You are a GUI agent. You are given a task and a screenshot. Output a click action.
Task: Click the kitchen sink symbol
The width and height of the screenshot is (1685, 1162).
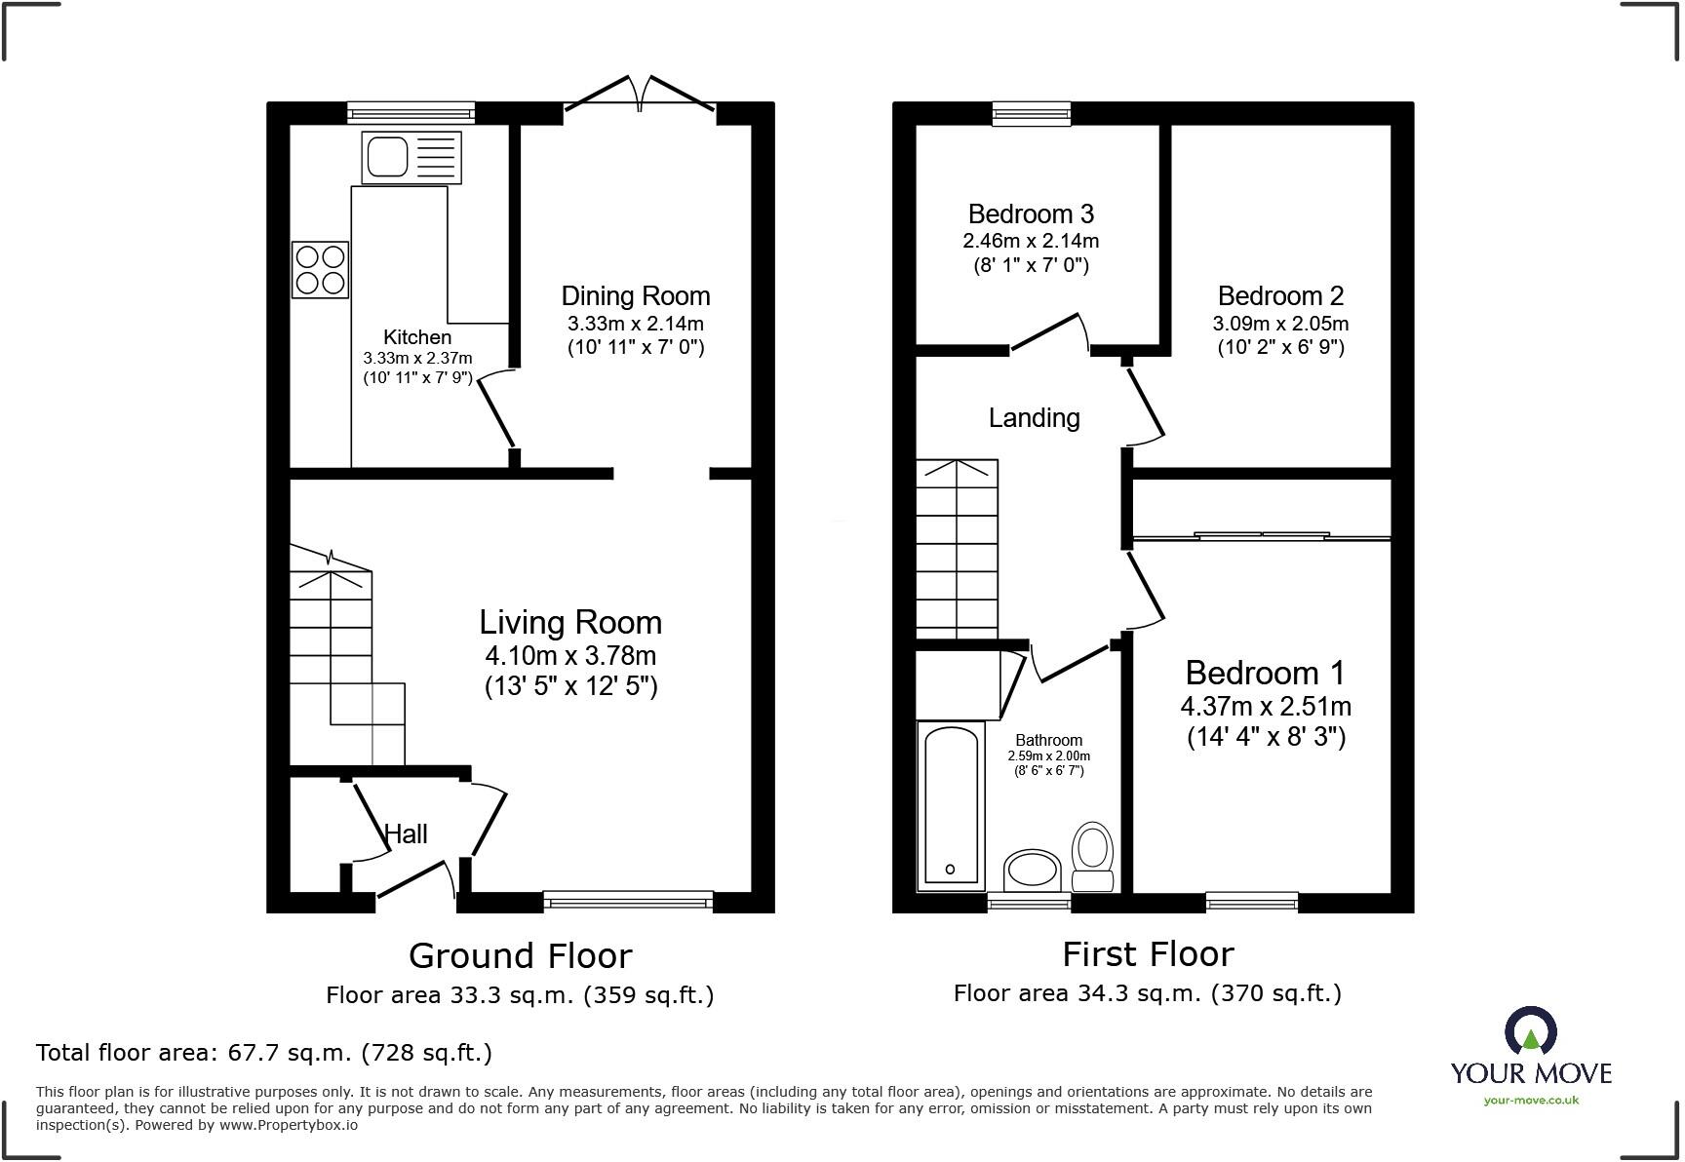(411, 157)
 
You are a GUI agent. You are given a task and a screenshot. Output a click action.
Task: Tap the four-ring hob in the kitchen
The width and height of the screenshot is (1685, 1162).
(320, 269)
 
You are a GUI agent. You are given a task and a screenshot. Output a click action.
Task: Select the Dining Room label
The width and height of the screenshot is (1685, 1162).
(635, 296)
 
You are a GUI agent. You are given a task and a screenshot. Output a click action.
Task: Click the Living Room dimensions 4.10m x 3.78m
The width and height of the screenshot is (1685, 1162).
(570, 656)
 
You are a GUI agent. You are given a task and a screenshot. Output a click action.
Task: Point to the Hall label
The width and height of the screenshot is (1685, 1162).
(406, 834)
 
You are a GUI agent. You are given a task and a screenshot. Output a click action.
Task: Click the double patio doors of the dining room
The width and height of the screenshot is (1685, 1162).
(640, 95)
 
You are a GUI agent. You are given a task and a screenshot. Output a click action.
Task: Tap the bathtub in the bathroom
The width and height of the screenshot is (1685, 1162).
(951, 805)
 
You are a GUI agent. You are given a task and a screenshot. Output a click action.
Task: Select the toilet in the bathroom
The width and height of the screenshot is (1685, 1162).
(1092, 854)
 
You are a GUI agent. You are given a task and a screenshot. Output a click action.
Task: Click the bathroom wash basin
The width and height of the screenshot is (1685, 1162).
(1032, 870)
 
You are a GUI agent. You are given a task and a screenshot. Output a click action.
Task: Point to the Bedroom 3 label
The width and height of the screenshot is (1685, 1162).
(1031, 213)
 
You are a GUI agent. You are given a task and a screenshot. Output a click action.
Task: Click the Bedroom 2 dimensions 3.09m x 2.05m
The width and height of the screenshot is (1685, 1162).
(1280, 324)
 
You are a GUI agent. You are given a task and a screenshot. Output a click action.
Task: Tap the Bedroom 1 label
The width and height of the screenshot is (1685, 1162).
(1265, 673)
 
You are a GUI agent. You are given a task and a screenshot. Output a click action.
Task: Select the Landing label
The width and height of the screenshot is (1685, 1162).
(1034, 418)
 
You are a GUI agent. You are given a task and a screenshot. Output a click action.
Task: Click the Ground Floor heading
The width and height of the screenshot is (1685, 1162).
(520, 955)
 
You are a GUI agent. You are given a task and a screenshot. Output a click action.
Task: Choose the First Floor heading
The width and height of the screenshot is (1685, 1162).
(1148, 953)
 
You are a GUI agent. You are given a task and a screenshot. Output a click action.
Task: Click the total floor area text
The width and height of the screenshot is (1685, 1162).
(263, 1053)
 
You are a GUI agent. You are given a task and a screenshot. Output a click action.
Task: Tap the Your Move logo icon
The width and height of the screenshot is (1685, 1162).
(1530, 1031)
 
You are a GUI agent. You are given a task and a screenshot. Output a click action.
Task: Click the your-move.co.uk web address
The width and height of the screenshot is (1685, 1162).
(1531, 1101)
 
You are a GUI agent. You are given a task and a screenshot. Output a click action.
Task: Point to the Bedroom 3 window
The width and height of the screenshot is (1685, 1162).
(1032, 114)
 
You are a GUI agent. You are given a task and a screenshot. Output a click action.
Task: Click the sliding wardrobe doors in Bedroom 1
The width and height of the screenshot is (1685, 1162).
(1262, 535)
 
